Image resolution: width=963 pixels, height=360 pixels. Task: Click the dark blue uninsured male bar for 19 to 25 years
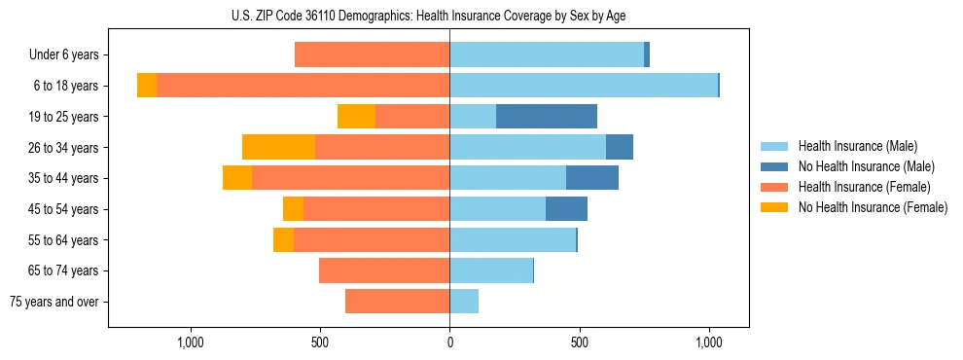point(546,117)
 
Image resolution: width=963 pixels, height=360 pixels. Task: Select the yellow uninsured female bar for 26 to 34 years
point(278,147)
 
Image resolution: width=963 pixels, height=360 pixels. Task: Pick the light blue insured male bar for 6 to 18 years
point(584,86)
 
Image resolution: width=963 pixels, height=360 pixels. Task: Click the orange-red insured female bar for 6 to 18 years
point(303,86)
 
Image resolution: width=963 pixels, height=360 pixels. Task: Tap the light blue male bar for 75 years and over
point(464,302)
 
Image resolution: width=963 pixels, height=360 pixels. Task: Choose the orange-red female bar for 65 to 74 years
point(384,270)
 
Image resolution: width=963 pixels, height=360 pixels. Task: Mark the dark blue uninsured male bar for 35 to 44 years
point(592,178)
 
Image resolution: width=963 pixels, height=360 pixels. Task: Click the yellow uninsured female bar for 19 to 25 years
point(356,117)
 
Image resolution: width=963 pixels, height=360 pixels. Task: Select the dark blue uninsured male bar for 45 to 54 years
point(566,209)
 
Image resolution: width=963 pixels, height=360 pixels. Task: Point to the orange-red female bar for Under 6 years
point(372,54)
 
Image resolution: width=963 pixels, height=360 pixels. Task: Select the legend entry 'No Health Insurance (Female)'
point(872,207)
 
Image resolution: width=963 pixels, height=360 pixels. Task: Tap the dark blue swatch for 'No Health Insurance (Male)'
point(774,166)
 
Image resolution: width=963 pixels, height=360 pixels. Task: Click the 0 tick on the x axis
point(449,342)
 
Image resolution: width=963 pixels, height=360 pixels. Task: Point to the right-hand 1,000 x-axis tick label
point(709,342)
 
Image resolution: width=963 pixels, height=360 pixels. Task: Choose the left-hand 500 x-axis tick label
point(320,342)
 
